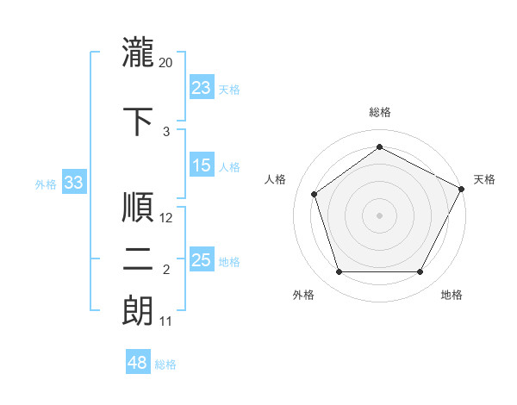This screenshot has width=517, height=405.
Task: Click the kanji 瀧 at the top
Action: [x=138, y=51]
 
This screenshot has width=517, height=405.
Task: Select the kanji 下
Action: [x=138, y=121]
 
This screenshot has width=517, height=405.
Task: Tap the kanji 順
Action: [x=138, y=208]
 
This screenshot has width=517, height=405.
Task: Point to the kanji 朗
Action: [x=138, y=311]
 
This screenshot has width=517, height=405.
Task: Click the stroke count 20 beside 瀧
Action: [x=166, y=63]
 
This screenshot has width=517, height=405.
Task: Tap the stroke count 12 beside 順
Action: [x=166, y=218]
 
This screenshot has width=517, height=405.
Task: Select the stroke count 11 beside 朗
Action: [x=165, y=322]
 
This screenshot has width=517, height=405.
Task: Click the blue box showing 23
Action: [x=202, y=87]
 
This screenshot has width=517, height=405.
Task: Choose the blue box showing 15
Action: [x=202, y=165]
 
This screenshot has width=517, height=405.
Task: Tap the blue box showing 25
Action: [x=202, y=260]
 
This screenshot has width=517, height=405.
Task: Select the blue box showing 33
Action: [x=74, y=183]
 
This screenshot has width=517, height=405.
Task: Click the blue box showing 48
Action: [x=138, y=363]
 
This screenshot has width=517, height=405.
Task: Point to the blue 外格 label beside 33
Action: [x=46, y=184]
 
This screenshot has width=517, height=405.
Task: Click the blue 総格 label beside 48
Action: [x=165, y=364]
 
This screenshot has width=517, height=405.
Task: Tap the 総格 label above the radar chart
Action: [x=380, y=113]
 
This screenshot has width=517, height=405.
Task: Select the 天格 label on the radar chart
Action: [x=484, y=179]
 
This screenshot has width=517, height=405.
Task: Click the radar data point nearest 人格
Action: [x=315, y=194]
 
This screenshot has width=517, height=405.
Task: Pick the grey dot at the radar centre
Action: [x=380, y=215]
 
